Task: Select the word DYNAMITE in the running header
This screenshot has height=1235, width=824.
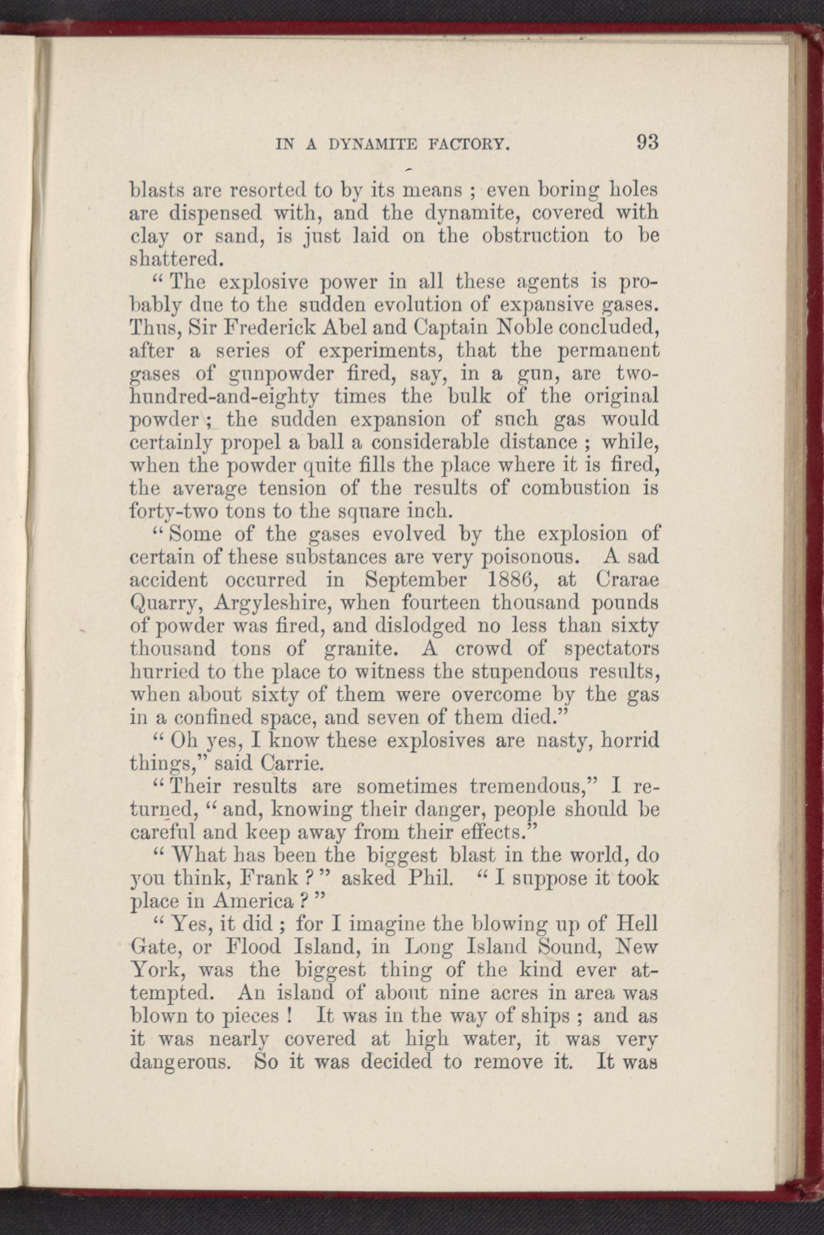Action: tap(371, 144)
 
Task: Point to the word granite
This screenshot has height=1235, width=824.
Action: tap(357, 649)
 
